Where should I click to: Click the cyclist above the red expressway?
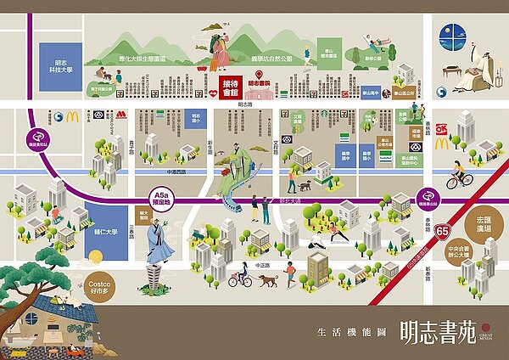click(459, 179)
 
